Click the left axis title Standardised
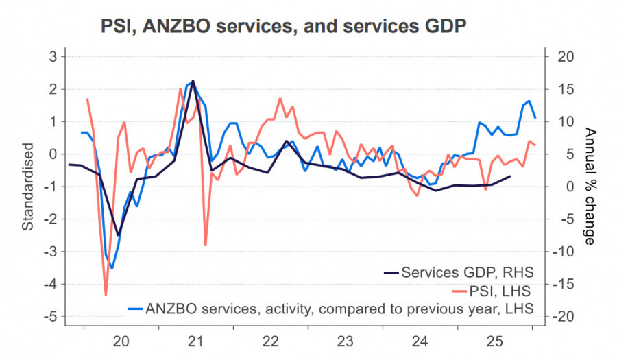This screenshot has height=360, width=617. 28,187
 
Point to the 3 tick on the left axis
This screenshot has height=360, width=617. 52,56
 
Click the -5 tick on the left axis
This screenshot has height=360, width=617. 49,317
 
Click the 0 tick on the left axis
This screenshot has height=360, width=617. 52,154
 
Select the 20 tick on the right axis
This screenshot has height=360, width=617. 563,56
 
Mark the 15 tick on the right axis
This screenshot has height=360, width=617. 563,89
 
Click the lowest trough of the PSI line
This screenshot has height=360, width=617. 106,295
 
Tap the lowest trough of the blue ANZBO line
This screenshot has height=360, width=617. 112,268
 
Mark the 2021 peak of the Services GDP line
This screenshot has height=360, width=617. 193,81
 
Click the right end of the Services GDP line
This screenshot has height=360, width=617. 509,176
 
